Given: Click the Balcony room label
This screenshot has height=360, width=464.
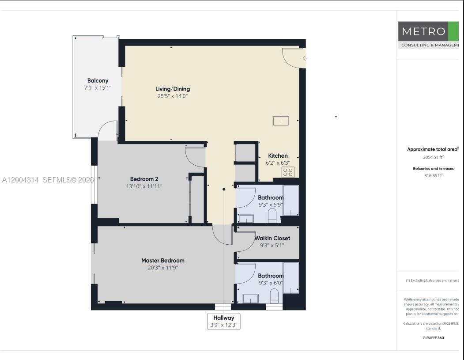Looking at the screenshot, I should pyautogui.click(x=98, y=80).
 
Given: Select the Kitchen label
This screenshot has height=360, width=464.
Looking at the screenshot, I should pyautogui.click(x=278, y=155).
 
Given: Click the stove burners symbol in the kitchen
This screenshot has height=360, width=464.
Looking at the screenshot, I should pyautogui.click(x=288, y=172).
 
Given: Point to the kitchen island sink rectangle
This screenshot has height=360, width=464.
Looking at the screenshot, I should pyautogui.click(x=281, y=121).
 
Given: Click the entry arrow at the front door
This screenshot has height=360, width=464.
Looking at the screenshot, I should pyautogui.click(x=305, y=58).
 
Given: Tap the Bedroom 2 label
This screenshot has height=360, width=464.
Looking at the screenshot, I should pyautogui.click(x=144, y=179).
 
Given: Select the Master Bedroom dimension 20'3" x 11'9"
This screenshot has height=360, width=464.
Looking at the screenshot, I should pyautogui.click(x=162, y=268).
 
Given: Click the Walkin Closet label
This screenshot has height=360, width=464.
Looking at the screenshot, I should pyautogui.click(x=272, y=238).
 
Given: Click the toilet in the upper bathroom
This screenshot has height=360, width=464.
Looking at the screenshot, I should pyautogui.click(x=272, y=215).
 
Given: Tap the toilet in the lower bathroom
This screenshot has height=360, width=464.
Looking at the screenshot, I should pyautogui.click(x=274, y=296).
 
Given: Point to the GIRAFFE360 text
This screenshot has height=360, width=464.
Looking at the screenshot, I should pyautogui.click(x=433, y=338).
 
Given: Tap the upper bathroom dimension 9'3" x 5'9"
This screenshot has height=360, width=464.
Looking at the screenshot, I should pyautogui.click(x=271, y=205).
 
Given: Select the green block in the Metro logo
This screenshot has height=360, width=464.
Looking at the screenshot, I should pyautogui.click(x=453, y=31).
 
